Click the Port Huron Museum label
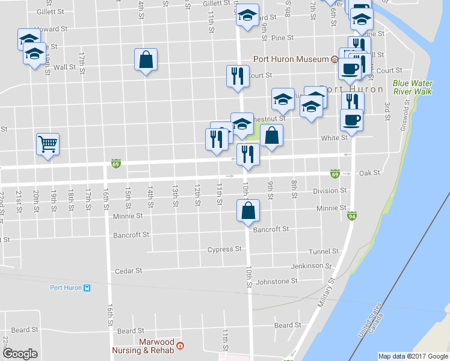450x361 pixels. (291, 59)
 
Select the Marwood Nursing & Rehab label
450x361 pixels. (147, 346)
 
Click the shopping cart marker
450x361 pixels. (48, 144)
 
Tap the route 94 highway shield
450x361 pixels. (351, 216)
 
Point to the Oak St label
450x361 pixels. (369, 173)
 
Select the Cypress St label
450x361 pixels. (224, 249)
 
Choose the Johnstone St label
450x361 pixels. (277, 281)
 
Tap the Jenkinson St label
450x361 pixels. (311, 266)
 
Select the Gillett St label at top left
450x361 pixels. (51, 11)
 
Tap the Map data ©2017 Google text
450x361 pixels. (413, 356)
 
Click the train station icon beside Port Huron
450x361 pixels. (87, 288)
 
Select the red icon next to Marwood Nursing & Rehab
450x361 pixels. (180, 346)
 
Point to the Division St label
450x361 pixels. (330, 191)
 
